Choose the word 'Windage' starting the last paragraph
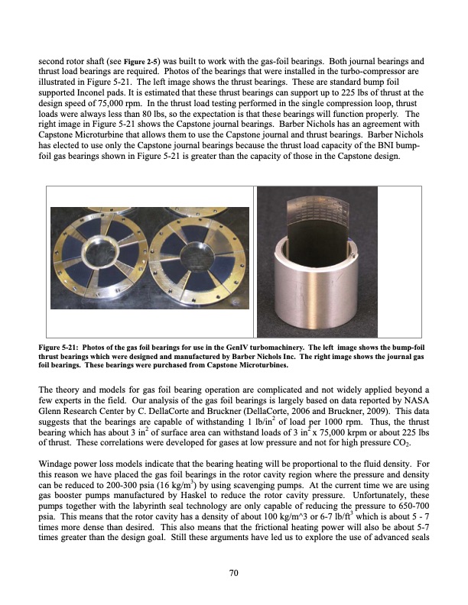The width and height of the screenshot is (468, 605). click(x=55, y=464)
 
